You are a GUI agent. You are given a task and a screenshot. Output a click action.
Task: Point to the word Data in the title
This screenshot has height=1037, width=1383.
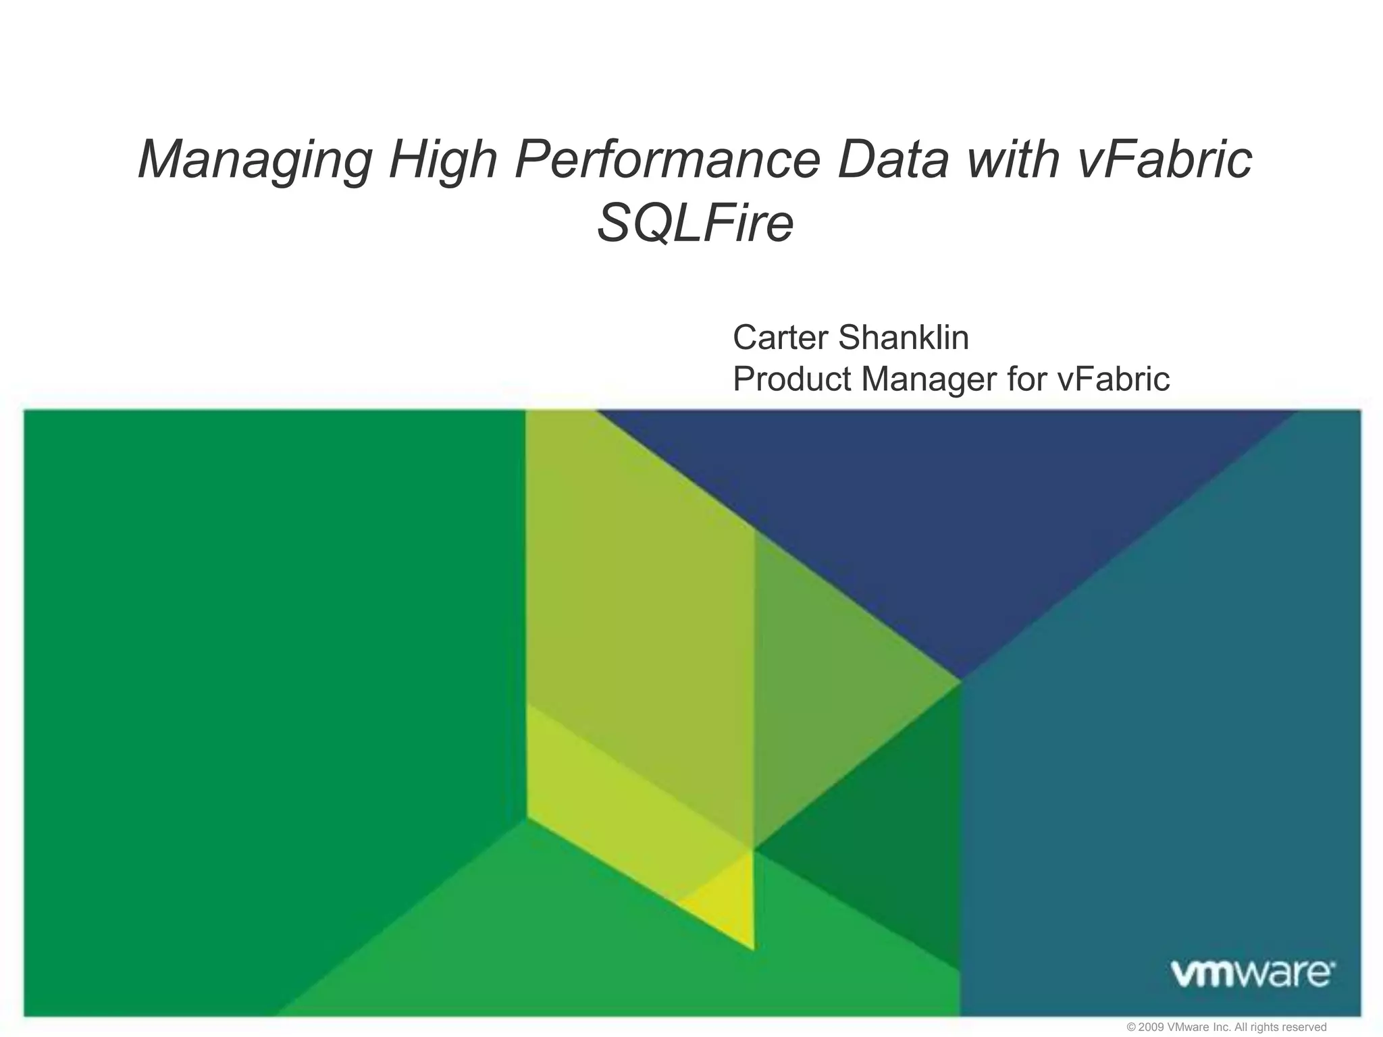point(893,159)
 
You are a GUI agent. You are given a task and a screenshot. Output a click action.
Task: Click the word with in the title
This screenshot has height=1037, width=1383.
point(1012,159)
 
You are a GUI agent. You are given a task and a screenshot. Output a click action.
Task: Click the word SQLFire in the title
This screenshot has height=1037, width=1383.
point(695,223)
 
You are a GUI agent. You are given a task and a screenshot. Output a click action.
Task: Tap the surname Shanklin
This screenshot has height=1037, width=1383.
point(903,338)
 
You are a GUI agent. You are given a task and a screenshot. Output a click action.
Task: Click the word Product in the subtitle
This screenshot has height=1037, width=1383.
point(791,379)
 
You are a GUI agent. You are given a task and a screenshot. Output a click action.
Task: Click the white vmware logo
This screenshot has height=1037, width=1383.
point(1251,974)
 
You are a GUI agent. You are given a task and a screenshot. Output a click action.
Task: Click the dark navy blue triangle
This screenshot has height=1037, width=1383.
point(945,513)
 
